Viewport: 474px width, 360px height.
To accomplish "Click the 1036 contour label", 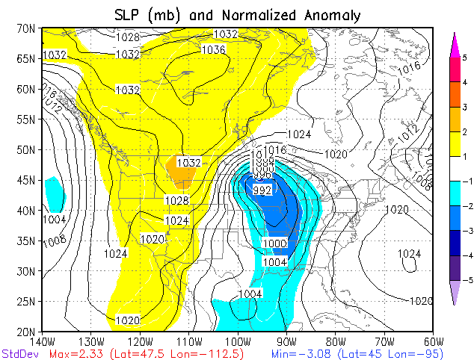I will [x=214, y=49].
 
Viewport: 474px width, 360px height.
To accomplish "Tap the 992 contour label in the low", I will [x=262, y=190].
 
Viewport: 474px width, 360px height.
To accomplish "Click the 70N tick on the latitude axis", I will [x=26, y=28].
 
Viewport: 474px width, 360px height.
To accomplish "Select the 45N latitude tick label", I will [x=26, y=180].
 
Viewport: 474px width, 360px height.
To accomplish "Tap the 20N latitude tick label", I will [x=26, y=332].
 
